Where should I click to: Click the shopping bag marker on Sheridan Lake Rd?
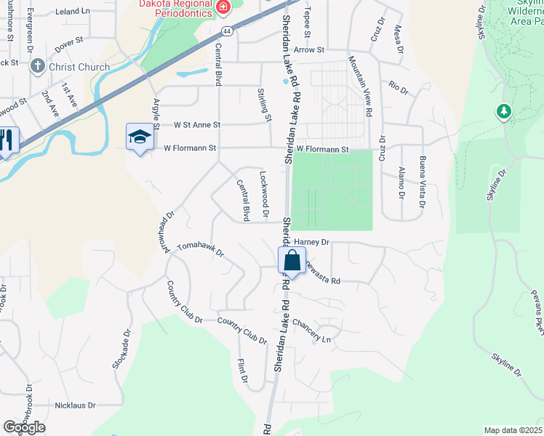(291, 261)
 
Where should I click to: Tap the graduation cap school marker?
(140, 137)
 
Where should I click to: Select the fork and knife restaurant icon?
(7, 140)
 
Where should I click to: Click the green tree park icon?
(502, 111)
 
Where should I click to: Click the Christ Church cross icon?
(38, 67)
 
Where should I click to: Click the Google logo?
(24, 427)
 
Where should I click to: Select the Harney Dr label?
(313, 241)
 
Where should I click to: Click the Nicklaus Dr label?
(76, 405)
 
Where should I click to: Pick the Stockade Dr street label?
(121, 350)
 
